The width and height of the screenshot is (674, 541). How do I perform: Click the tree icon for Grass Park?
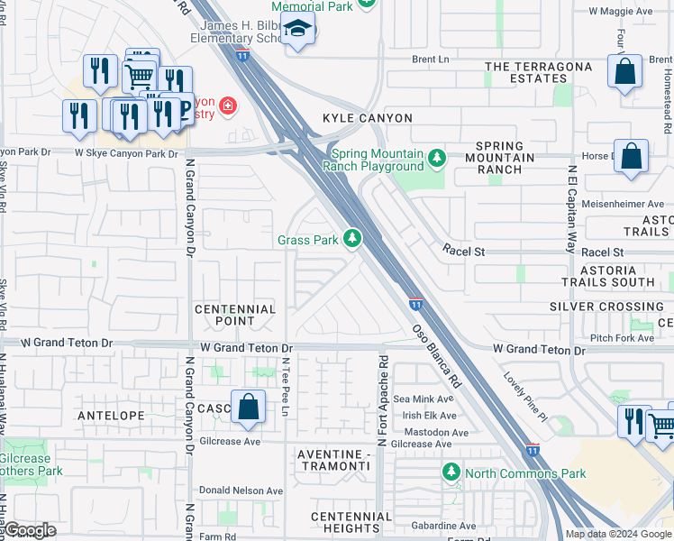pyautogui.click(x=352, y=239)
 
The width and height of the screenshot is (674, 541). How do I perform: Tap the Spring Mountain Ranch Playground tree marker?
pyautogui.click(x=437, y=159)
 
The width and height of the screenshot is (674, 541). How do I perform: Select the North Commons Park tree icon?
pyautogui.click(x=451, y=472)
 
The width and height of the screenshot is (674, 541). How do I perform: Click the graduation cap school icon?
pyautogui.click(x=296, y=32)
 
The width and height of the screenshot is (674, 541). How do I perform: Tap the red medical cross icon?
pyautogui.click(x=227, y=107)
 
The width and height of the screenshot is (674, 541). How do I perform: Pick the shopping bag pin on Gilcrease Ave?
pyautogui.click(x=248, y=408)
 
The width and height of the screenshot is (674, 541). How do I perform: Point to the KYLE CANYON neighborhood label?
pyautogui.click(x=368, y=118)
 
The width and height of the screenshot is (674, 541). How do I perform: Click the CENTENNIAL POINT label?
pyautogui.click(x=235, y=316)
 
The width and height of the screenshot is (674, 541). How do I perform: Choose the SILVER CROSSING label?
pyautogui.click(x=606, y=307)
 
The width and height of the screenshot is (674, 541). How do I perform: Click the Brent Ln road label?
pyautogui.click(x=430, y=59)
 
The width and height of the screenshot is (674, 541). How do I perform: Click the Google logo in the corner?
pyautogui.click(x=30, y=530)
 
